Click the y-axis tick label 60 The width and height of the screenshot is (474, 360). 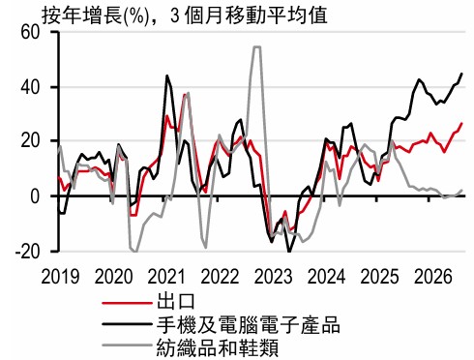click(30, 33)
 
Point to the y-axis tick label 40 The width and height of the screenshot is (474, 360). click(30, 87)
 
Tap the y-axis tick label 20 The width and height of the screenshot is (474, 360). click(30, 141)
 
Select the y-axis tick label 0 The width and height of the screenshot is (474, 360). click(35, 196)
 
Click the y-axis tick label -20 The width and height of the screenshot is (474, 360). click(27, 251)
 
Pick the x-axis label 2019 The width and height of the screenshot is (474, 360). click(60, 277)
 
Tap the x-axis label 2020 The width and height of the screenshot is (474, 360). click(113, 277)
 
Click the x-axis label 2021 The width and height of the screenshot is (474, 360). click(166, 277)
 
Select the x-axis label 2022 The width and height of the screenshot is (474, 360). click(220, 277)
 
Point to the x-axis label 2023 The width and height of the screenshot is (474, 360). click(273, 277)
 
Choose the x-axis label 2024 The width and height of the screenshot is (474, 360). click(326, 277)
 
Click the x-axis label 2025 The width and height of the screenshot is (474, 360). click(379, 277)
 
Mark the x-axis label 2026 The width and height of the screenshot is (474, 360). click(433, 277)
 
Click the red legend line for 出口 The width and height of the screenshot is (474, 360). click(127, 303)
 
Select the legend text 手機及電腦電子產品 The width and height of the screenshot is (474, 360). click(249, 324)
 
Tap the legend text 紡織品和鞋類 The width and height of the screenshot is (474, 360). click(218, 347)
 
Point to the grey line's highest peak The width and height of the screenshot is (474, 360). click(257, 47)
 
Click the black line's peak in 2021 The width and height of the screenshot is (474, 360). click(166, 75)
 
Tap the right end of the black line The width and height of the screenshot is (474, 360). click(462, 74)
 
